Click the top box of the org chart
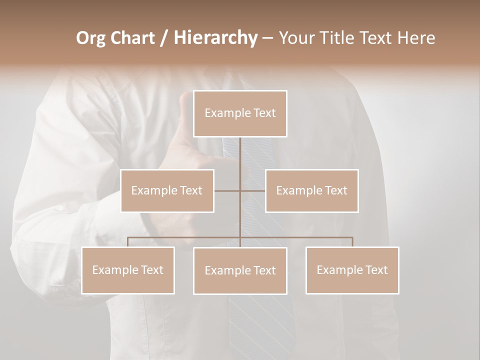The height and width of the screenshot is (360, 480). pos(240,113)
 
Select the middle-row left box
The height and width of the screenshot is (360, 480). pos(167,190)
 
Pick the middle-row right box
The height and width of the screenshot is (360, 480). pos(311,190)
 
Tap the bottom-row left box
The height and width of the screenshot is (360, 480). pos(127,270)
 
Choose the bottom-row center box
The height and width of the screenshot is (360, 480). pos(240,270)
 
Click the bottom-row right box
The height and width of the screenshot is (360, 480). pos(352,270)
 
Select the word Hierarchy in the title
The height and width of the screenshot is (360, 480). pos(215,38)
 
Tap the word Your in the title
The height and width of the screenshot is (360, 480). pos(296,38)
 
